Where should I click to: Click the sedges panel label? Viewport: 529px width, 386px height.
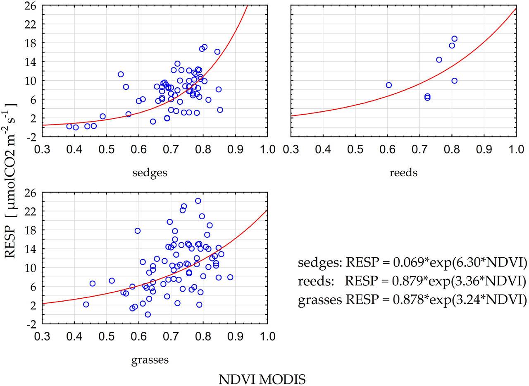150,173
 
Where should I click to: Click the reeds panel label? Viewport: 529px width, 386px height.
403,173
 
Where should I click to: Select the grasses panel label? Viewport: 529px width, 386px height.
150,360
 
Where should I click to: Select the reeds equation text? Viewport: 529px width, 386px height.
412,281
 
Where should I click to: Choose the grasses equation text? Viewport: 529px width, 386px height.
412,300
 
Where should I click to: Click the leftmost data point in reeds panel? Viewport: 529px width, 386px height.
388,85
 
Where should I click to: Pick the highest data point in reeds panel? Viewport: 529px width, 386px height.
454,39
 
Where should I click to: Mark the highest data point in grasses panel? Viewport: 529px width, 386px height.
198,201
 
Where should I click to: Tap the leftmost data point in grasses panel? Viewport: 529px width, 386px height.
86,304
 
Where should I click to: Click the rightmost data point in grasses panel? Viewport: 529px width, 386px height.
230,277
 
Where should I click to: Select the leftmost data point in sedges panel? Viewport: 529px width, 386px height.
69,126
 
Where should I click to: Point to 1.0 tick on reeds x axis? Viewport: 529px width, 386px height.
516,149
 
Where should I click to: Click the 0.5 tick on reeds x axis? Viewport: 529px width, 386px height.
355,149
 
